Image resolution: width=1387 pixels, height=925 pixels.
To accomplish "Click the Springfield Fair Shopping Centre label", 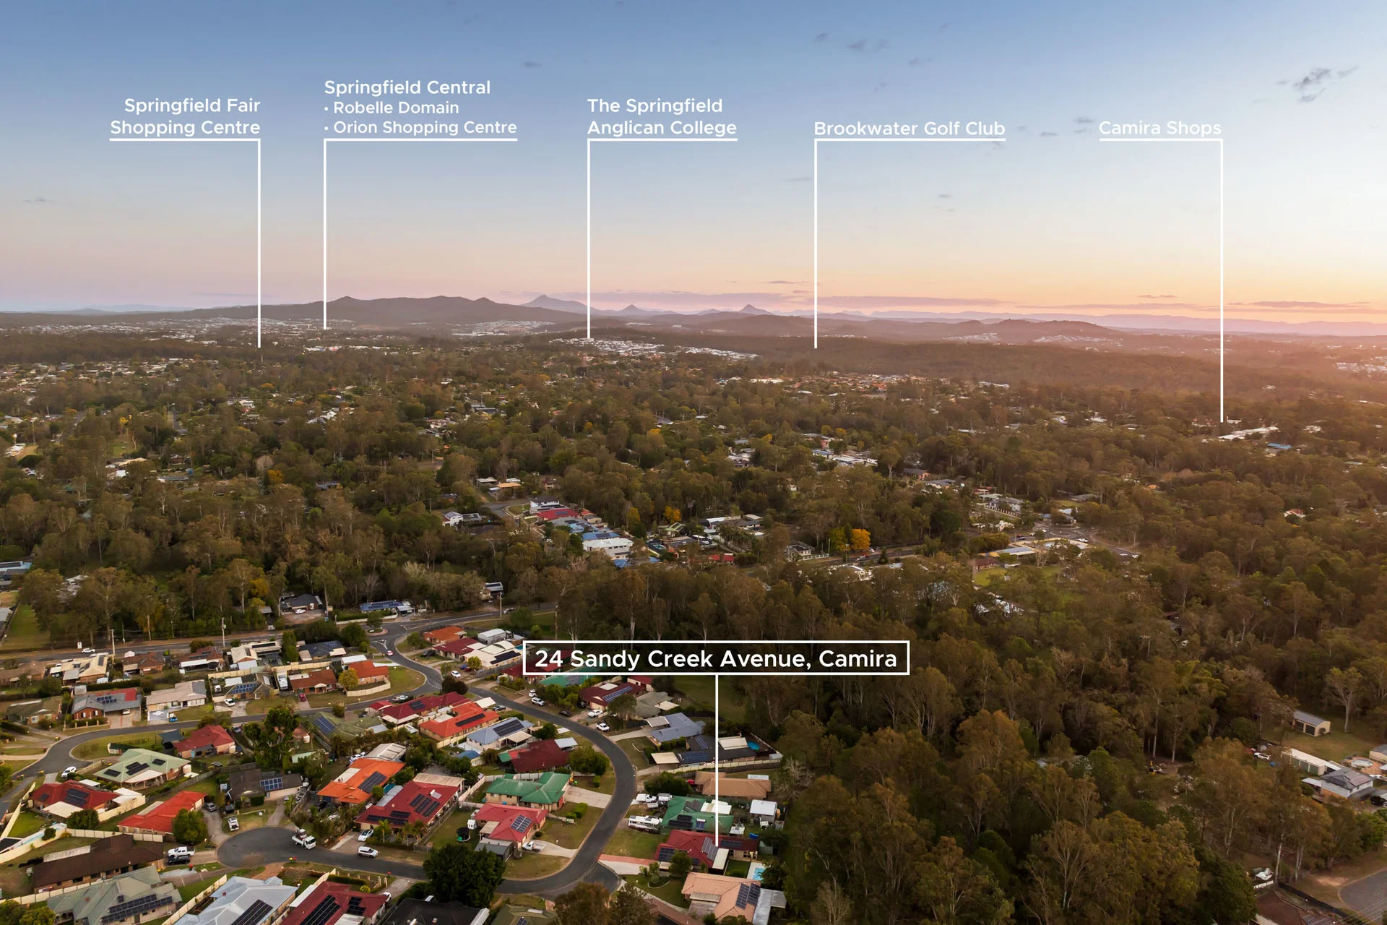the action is point(185,116).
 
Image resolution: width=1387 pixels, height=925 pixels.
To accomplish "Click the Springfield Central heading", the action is point(407,87).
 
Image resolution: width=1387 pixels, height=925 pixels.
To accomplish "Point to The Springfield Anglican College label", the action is point(662,116).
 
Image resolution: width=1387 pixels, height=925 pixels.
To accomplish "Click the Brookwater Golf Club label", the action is point(909,129).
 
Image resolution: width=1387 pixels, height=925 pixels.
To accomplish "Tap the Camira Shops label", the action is point(1160,128).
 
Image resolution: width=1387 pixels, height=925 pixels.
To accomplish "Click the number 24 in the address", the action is point(548,659).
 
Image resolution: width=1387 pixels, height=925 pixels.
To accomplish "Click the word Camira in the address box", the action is point(857,659).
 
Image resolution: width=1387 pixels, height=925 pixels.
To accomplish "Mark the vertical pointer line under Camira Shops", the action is point(1222,280).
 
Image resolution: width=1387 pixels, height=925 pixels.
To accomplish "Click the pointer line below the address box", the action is point(717,760).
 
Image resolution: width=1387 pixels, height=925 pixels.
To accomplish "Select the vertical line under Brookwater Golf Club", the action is point(816,244).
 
